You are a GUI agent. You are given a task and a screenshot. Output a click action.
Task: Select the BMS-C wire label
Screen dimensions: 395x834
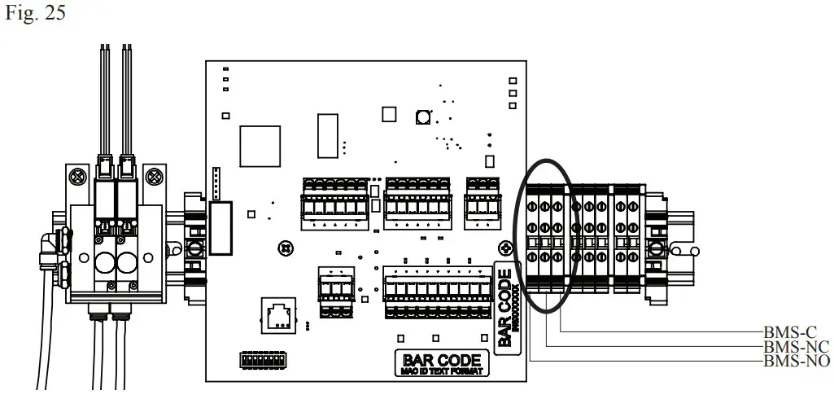coord(789,332)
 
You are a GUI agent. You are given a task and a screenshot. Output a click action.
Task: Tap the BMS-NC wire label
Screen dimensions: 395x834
coord(793,346)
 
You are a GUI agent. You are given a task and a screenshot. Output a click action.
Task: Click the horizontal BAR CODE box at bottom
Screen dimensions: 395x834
coord(442,363)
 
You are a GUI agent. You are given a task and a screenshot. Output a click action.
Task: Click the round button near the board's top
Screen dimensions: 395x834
coord(423,118)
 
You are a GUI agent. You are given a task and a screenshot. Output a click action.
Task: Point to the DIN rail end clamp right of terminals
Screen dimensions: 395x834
coord(655,244)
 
